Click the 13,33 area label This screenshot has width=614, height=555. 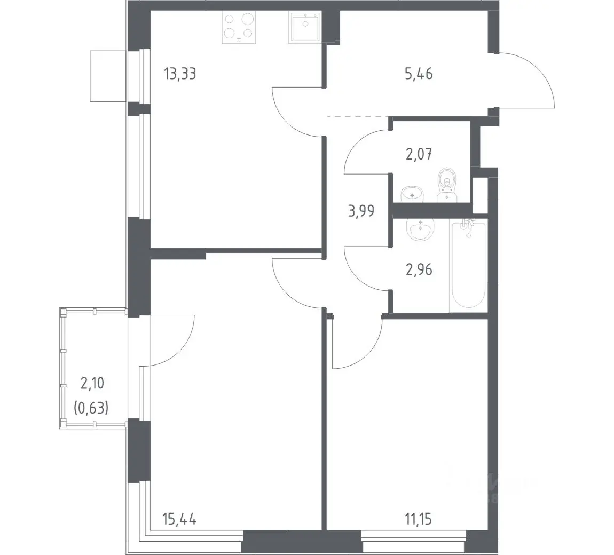point(180,74)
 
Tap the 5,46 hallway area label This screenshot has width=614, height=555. point(419,74)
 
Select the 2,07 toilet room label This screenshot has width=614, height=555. point(419,154)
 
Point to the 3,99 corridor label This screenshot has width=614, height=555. point(360,211)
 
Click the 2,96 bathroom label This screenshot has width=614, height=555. point(419,269)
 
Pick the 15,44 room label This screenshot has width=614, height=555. point(179,519)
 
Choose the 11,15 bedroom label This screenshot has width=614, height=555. point(419,519)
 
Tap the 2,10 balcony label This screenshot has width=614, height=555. point(92,383)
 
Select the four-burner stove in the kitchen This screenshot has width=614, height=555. point(239,27)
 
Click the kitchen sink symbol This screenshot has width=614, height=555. point(305,26)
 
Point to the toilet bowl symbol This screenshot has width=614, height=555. point(447,185)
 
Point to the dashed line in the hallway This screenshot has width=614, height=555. point(358,117)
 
